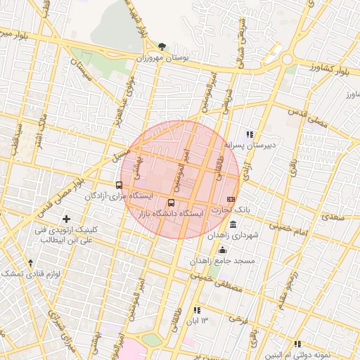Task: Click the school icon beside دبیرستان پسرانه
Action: (249, 134)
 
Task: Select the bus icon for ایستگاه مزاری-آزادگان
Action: (119, 186)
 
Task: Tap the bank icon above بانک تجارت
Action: (231, 200)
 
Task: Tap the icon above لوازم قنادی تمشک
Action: (30, 262)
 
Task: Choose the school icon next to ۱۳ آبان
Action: (197, 310)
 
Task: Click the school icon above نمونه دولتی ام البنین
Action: (297, 344)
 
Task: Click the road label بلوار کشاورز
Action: (328, 69)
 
